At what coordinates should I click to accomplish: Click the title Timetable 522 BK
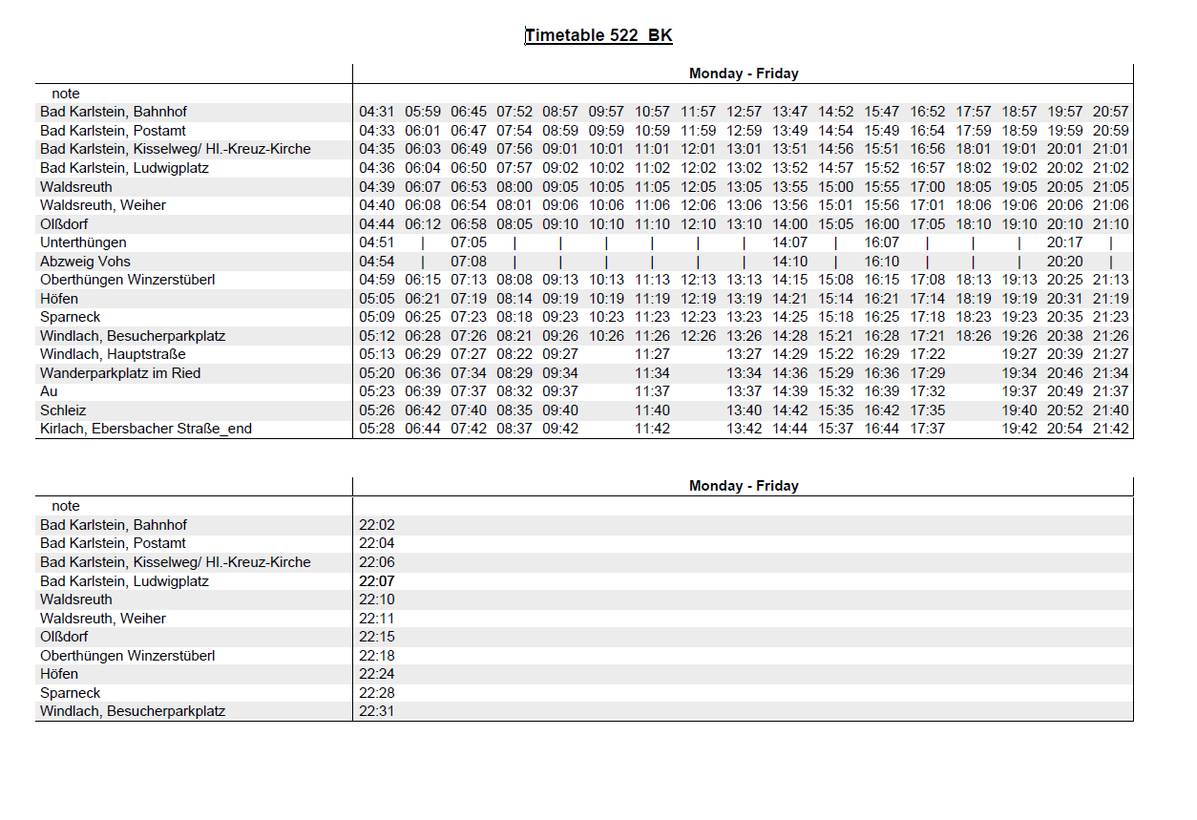coord(598,36)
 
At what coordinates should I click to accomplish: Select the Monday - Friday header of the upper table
coord(744,74)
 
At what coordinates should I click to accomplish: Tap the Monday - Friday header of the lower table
coord(744,486)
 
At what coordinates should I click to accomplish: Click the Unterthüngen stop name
coord(83,242)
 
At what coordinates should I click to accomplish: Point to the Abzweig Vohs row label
coord(86,262)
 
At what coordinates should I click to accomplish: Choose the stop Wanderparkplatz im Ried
coord(120,373)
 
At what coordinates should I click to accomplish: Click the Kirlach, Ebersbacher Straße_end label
coord(146,429)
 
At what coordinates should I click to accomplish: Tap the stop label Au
coord(49,391)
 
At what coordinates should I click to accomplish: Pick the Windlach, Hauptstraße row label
coord(113,354)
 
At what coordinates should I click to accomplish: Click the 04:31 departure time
coord(376,112)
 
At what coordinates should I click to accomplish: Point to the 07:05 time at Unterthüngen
coord(469,242)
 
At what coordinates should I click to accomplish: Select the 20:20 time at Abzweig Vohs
coord(1064,262)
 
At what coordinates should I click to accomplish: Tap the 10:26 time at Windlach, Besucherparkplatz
coord(606,336)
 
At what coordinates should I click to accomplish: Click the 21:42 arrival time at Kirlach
coord(1110,429)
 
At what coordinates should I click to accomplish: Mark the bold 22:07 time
coord(376,580)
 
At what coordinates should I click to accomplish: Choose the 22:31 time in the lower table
coord(376,711)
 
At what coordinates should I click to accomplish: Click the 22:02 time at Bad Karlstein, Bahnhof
coord(376,525)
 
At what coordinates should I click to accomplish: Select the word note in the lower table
coord(66,506)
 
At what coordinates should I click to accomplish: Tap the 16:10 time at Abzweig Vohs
coord(882,262)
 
